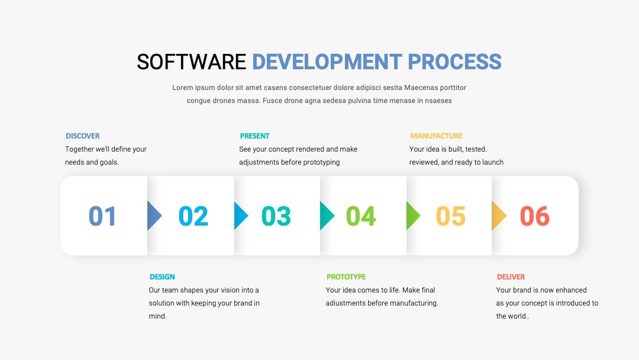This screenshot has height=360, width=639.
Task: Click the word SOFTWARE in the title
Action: [191, 62]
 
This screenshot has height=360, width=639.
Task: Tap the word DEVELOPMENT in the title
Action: [327, 62]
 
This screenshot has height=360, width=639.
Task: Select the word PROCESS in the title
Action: [454, 62]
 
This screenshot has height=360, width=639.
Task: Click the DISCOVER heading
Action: [83, 136]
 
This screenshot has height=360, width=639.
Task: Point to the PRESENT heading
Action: [254, 136]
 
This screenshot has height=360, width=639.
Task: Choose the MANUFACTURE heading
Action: [436, 136]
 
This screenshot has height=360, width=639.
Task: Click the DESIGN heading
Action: [162, 277]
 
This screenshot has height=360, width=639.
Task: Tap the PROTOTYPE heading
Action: [346, 277]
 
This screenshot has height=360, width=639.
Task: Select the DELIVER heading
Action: [511, 277]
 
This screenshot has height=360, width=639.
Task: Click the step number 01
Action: [102, 216]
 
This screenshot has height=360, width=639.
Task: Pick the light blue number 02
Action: [193, 216]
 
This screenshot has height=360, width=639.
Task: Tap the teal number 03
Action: [276, 216]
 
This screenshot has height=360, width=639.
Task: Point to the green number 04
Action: [361, 216]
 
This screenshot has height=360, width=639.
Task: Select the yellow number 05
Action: [450, 216]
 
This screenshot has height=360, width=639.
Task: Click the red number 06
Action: [535, 216]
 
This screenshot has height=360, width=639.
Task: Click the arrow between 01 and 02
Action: [154, 216]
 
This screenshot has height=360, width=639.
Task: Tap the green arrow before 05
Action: [413, 216]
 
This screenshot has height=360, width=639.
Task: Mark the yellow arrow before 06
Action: [498, 216]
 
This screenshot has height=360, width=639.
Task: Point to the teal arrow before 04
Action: [327, 216]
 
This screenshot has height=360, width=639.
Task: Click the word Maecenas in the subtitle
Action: [419, 88]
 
